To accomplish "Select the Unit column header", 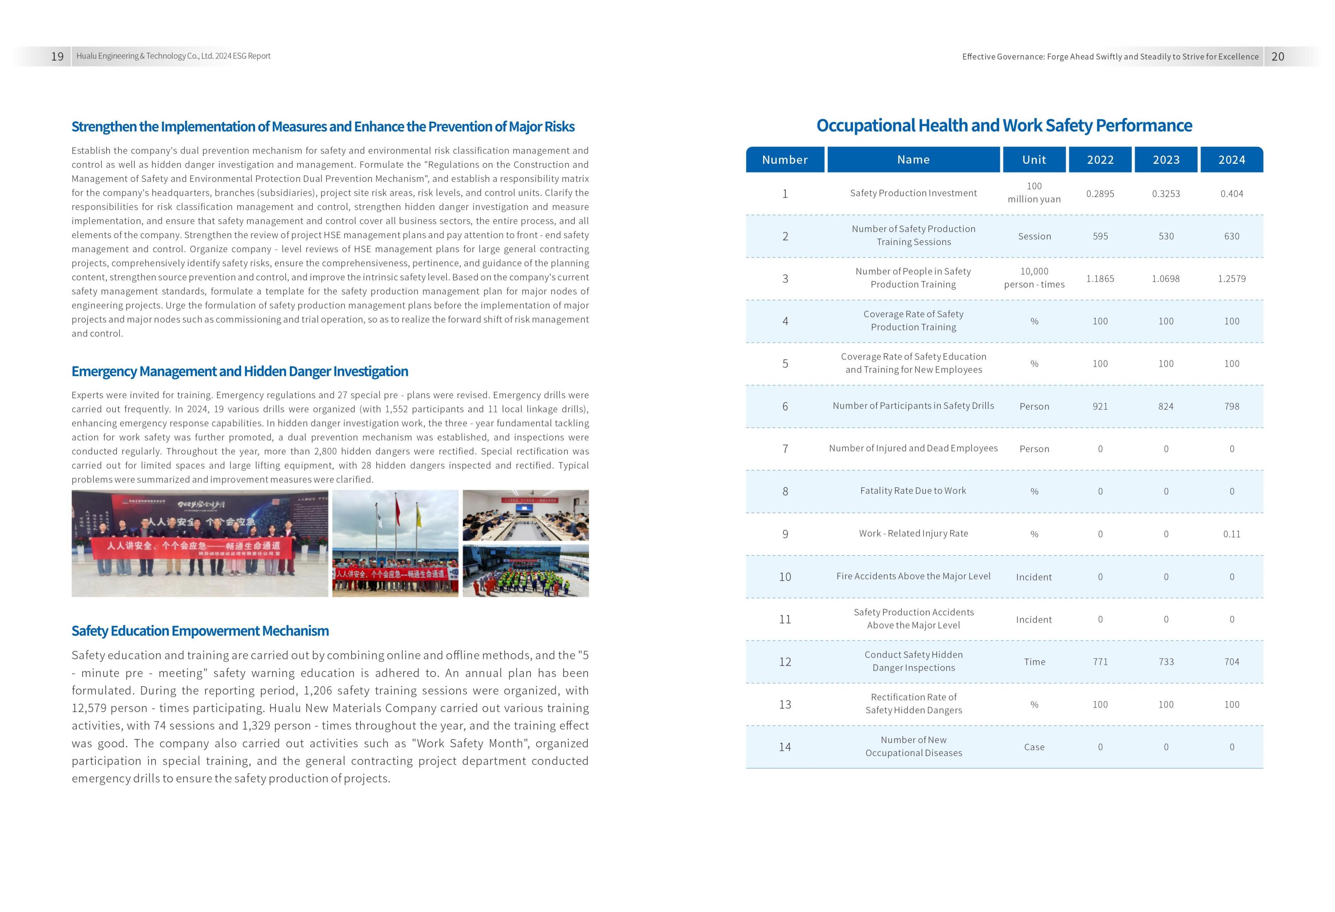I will pos(1033,160).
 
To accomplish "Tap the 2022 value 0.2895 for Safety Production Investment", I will pos(1099,194).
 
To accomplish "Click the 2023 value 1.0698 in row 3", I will pos(1165,279).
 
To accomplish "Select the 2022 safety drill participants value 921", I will pos(1099,406).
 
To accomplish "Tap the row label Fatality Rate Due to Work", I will pos(913,491).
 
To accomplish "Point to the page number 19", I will pos(58,56).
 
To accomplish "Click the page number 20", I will pos(1277,56).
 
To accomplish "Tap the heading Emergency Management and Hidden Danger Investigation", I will pos(240,372).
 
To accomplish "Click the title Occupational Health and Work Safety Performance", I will pos(1004,126).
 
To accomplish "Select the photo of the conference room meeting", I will pos(525,515).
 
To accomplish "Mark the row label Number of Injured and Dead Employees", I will pos(913,448).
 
